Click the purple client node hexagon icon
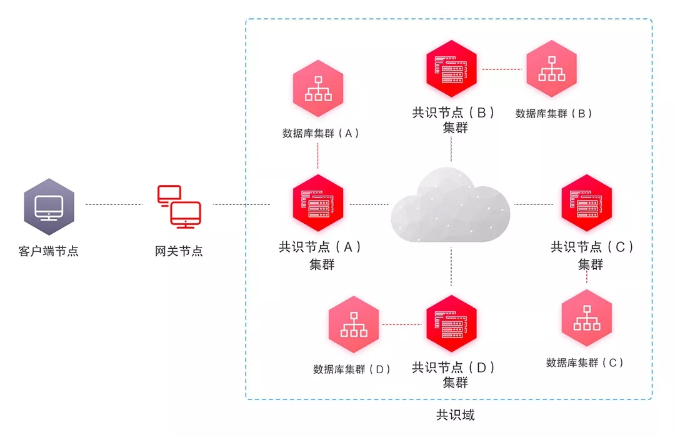coord(49,204)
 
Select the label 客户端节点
coord(49,252)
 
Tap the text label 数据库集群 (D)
coord(352,369)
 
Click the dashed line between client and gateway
coord(114,204)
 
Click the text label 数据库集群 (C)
coord(585,363)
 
